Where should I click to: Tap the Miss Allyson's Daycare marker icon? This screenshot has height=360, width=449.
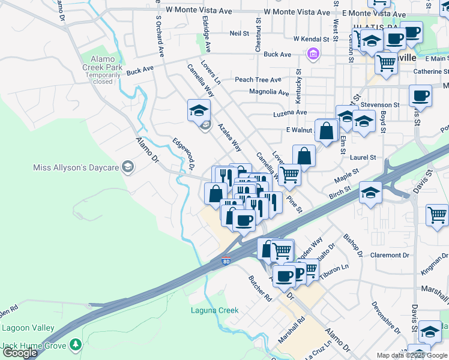point(127,167)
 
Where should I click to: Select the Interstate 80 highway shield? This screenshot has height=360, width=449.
point(226,261)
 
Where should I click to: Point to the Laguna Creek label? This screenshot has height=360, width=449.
point(214,310)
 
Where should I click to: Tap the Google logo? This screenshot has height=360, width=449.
point(20,353)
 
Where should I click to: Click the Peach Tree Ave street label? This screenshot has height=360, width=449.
point(258,80)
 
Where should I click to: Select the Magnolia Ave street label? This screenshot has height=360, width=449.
point(269,92)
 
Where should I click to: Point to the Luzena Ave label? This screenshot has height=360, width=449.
point(289,112)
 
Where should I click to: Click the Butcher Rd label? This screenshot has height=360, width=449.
point(260,288)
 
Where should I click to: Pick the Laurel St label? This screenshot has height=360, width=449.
point(364,157)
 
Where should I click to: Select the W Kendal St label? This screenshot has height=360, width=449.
point(312,39)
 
